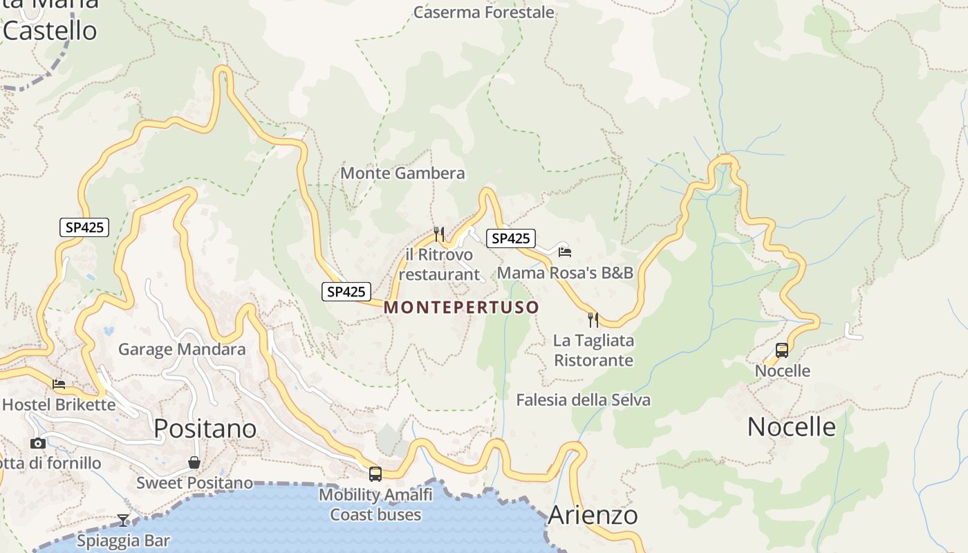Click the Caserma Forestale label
tap(483, 12)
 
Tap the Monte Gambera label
tap(402, 173)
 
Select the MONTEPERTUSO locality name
tap(461, 307)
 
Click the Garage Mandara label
tap(182, 349)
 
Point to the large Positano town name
tap(205, 429)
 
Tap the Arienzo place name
tap(593, 515)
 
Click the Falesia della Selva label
tap(583, 400)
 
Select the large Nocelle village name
tap(791, 427)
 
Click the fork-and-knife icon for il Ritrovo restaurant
tap(438, 234)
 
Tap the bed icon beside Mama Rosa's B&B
tap(565, 252)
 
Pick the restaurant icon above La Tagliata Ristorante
tap(593, 319)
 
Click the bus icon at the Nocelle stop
tap(781, 350)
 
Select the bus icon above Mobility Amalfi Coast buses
tap(375, 474)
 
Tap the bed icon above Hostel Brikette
tap(59, 384)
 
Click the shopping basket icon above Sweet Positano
tap(194, 462)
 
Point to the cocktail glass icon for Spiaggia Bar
tap(123, 520)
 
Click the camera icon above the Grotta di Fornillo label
tap(38, 443)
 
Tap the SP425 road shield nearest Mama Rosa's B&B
tap(511, 238)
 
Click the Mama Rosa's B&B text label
tap(565, 272)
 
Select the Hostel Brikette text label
tap(59, 404)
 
